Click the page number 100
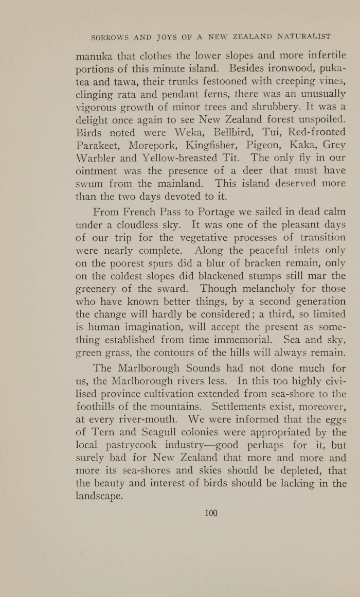click(211, 513)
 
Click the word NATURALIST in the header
click(304, 37)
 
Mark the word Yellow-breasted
click(178, 158)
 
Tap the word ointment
click(99, 171)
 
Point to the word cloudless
click(146, 224)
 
